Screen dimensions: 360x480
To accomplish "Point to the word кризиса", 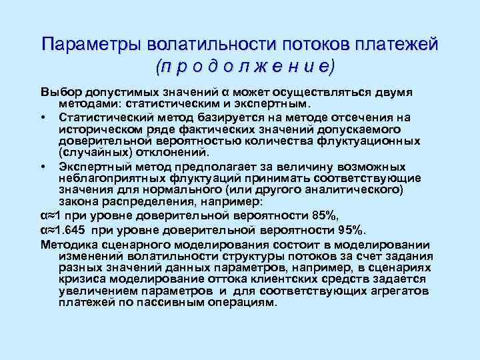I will [81, 280].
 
